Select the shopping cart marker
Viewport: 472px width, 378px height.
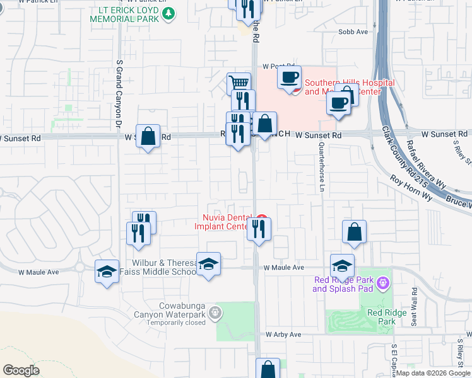(x=239, y=83)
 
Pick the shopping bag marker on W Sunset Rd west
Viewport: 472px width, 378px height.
(x=148, y=135)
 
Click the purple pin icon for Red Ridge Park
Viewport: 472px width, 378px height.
(x=382, y=284)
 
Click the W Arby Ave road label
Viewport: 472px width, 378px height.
(x=285, y=335)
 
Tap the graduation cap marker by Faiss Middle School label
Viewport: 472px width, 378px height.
(x=208, y=264)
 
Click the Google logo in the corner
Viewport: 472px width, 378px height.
(x=21, y=370)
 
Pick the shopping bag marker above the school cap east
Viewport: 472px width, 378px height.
(x=355, y=231)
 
